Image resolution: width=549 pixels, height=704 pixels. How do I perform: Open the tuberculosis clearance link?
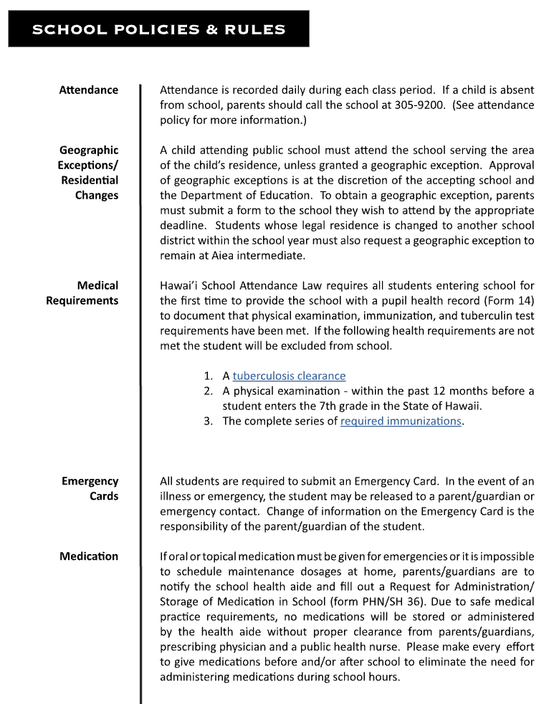pyautogui.click(x=289, y=376)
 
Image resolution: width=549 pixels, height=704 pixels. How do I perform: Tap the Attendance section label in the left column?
pyautogui.click(x=89, y=90)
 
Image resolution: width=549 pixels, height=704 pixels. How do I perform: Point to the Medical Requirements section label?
pyautogui.click(x=82, y=293)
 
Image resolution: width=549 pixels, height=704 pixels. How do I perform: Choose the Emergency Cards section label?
pyautogui.click(x=90, y=489)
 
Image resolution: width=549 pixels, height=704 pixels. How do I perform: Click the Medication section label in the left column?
pyautogui.click(x=89, y=556)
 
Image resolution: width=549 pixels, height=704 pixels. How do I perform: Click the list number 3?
pyautogui.click(x=208, y=421)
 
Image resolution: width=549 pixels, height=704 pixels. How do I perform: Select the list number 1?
pyautogui.click(x=208, y=376)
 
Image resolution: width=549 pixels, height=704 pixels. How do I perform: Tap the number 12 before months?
pyautogui.click(x=439, y=391)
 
